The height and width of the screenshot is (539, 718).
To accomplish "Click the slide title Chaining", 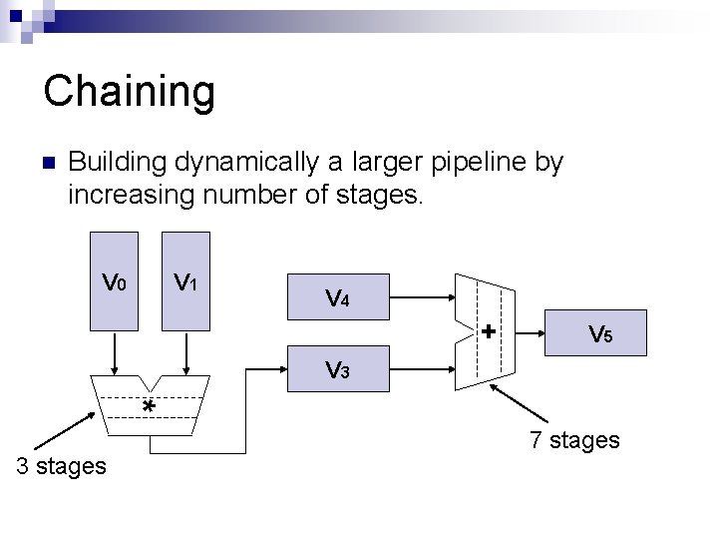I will (129, 91).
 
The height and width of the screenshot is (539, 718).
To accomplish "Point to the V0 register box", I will (115, 280).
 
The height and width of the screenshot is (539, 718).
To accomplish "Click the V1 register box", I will (185, 280).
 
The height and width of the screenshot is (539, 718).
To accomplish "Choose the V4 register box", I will (337, 296).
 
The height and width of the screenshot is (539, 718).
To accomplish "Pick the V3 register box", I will (337, 370).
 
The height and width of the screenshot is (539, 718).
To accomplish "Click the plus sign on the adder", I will (488, 330).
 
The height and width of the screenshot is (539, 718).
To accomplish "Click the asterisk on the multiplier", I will (148, 408).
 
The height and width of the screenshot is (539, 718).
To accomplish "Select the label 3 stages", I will (61, 465).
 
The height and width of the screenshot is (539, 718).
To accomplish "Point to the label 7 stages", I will (574, 439).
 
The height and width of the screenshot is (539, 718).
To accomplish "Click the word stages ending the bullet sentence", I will (374, 193).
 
